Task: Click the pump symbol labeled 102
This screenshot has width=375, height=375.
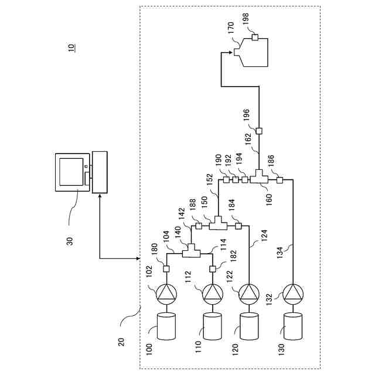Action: tap(166, 294)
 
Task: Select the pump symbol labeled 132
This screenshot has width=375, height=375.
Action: tap(293, 294)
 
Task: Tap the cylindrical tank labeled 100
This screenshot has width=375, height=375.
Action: tap(166, 326)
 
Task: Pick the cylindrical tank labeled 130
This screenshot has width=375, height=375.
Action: tap(293, 326)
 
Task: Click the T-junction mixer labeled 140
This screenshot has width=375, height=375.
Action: tap(192, 251)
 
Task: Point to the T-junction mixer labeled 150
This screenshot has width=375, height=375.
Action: tap(218, 223)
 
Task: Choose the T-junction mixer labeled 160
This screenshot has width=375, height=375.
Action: tap(259, 177)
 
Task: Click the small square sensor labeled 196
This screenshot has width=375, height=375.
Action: tap(259, 131)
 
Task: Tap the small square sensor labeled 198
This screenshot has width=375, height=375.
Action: tap(255, 37)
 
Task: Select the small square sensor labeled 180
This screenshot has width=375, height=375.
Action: tap(166, 269)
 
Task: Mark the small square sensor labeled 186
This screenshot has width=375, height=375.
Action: tap(280, 180)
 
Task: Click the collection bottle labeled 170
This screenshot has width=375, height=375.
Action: tap(251, 52)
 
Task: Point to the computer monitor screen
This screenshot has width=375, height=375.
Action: tap(71, 172)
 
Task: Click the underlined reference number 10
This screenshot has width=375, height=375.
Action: tap(71, 47)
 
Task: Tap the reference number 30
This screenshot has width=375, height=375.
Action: tap(70, 241)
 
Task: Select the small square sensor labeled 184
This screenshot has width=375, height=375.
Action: tap(238, 226)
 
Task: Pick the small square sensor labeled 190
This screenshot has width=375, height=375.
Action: tap(226, 180)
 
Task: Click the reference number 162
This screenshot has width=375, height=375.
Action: tap(248, 139)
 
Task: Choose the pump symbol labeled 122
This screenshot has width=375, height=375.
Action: tap(249, 294)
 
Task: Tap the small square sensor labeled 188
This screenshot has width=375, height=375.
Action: tap(199, 226)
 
